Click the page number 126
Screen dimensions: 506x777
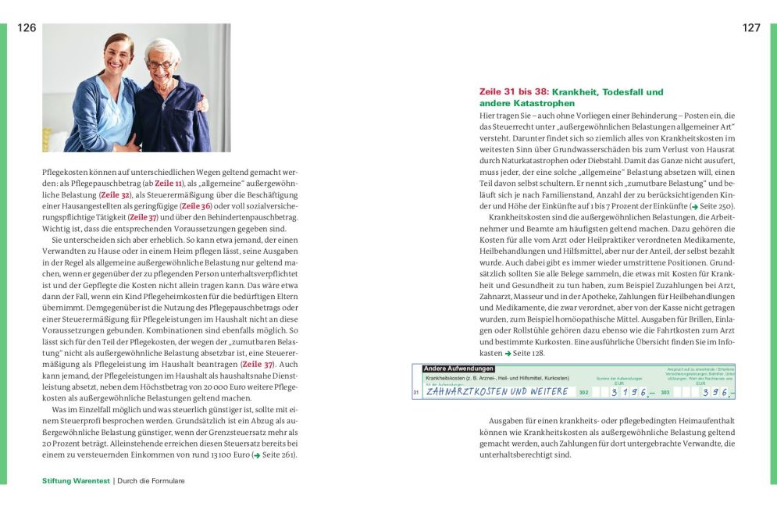coord(27,28)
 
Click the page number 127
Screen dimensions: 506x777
coord(751,28)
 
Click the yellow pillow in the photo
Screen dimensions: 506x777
coord(48,139)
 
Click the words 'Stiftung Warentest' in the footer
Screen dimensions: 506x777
coord(76,481)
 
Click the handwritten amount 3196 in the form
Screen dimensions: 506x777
coord(629,392)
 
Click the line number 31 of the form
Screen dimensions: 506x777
coord(416,392)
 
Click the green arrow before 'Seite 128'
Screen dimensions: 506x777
coord(508,353)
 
